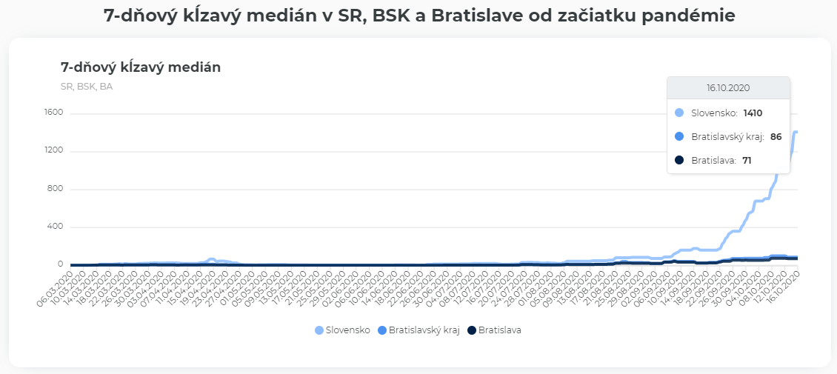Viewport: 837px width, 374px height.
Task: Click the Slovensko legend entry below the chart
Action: (x=342, y=330)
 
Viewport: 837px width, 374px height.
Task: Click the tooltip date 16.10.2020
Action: (x=728, y=87)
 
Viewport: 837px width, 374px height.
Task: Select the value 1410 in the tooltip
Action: (x=753, y=113)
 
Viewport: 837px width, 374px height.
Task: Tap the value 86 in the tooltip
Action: (x=776, y=137)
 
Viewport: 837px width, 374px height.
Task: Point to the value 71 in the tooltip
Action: (x=747, y=160)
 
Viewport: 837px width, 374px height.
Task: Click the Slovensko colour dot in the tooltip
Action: (x=679, y=113)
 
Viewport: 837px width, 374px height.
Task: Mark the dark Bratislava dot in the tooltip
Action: (x=679, y=160)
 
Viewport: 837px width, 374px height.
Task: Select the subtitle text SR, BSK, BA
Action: (x=87, y=86)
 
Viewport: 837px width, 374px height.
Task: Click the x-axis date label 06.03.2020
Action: (x=59, y=285)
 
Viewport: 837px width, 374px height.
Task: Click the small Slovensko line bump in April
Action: (x=211, y=259)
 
